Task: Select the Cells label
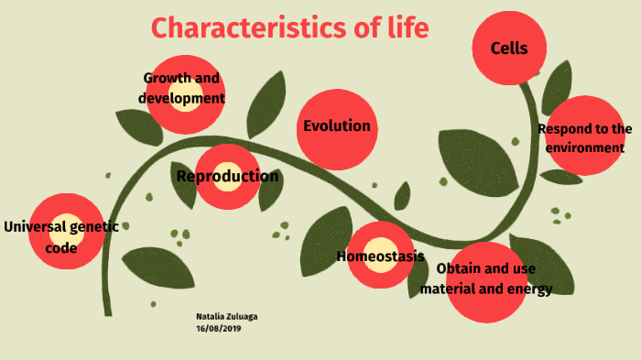[509, 49]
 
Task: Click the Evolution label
[337, 126]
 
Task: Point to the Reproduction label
[227, 177]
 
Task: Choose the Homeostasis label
[380, 256]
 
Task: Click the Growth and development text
[181, 88]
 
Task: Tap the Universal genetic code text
[61, 236]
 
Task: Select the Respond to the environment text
[585, 138]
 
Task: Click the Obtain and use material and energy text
[485, 279]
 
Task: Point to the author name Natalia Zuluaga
[226, 316]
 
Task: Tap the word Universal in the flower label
[34, 227]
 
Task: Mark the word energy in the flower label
[532, 289]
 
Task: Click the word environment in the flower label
[585, 147]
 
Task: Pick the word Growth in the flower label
[162, 79]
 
